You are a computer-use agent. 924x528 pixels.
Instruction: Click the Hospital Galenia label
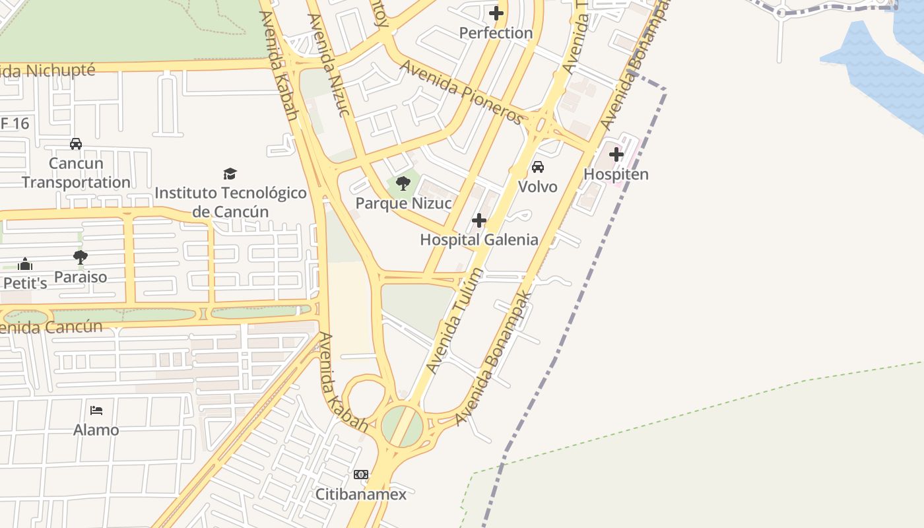479,240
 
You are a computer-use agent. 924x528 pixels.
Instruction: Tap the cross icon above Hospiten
616,154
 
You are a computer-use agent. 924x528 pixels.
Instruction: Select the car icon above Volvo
538,167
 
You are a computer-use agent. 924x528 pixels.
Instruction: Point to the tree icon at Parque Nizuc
403,183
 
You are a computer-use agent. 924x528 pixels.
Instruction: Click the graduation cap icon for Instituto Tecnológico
230,174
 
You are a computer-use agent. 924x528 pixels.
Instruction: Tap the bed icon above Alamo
96,411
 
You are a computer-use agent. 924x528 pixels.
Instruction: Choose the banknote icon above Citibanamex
360,475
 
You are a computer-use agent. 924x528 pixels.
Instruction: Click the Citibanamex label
360,494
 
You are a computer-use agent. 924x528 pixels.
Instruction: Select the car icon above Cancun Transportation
76,144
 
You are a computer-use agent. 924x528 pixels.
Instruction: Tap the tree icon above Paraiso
81,257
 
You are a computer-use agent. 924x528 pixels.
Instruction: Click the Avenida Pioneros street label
461,92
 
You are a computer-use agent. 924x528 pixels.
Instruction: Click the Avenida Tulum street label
455,320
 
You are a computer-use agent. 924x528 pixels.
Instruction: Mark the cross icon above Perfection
496,13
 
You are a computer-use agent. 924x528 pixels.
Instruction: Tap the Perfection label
496,32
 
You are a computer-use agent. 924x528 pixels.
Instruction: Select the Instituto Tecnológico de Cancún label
230,202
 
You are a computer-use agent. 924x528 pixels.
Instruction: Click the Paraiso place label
81,277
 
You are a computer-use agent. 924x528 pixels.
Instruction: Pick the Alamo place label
96,430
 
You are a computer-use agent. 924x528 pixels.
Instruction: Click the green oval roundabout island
402,426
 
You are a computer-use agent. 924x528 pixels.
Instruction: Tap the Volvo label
538,187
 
